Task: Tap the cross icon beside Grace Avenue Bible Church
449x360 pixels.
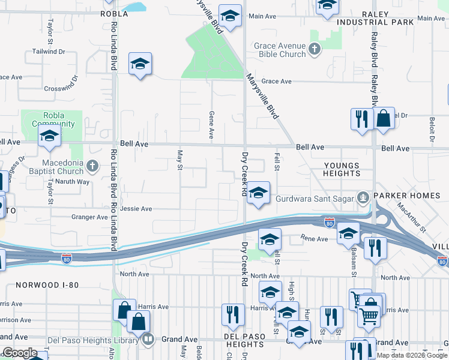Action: (x=314, y=48)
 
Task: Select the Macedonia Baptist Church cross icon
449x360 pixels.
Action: (x=92, y=165)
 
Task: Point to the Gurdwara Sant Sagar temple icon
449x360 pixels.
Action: (x=363, y=196)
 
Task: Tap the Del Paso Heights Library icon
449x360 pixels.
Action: (x=148, y=340)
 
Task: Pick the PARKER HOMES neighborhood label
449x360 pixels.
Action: (x=406, y=196)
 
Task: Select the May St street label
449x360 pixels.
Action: (x=179, y=160)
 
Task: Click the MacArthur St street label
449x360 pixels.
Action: (x=411, y=218)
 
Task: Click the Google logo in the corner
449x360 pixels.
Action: (x=20, y=353)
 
